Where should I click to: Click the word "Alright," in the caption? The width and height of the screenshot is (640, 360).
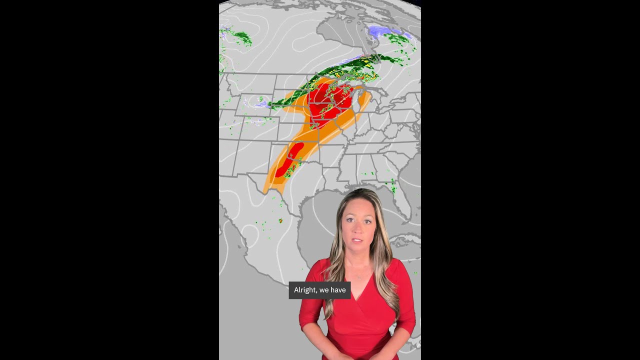305,290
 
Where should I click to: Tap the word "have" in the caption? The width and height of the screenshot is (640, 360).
338,290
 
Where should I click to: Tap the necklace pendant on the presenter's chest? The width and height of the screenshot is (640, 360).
358,276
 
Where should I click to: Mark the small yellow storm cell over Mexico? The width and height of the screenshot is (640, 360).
280,220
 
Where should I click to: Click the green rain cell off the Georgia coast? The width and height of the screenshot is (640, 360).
393,188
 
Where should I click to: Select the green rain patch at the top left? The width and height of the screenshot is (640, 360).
241,37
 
